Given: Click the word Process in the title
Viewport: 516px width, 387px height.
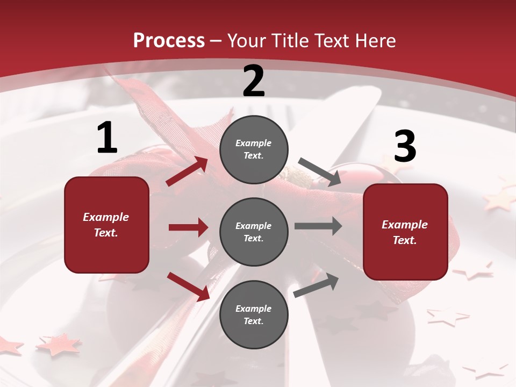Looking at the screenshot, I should coord(169,41).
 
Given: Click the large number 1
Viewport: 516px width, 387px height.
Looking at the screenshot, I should coord(107,139).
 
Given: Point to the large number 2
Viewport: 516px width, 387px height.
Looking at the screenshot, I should coord(254,82).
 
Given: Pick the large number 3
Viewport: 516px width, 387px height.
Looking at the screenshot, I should coord(405,146).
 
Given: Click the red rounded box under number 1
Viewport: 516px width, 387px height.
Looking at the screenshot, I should coord(106,225).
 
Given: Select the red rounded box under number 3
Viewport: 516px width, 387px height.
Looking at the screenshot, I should coord(405,232).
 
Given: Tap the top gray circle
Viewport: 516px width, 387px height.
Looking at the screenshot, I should coord(254,149).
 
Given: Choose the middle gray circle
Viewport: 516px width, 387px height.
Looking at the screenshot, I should coord(254,232).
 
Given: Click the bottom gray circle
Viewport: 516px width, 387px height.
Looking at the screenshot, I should coord(254,314).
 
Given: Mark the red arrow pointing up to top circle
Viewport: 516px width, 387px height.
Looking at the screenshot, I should coord(187,171).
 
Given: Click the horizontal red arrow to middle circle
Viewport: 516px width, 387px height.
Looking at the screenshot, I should coord(188,227).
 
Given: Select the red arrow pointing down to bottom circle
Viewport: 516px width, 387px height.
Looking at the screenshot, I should coord(188,286).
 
